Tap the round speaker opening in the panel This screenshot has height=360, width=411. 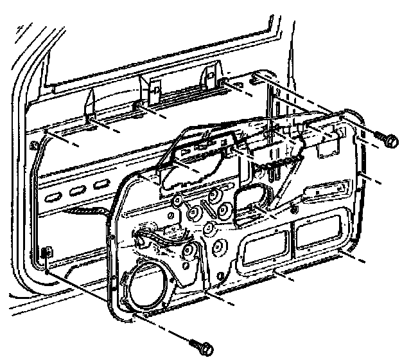(x=148, y=287)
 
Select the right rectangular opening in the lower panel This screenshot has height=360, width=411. (x=320, y=233)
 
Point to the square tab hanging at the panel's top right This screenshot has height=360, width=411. (x=329, y=143)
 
